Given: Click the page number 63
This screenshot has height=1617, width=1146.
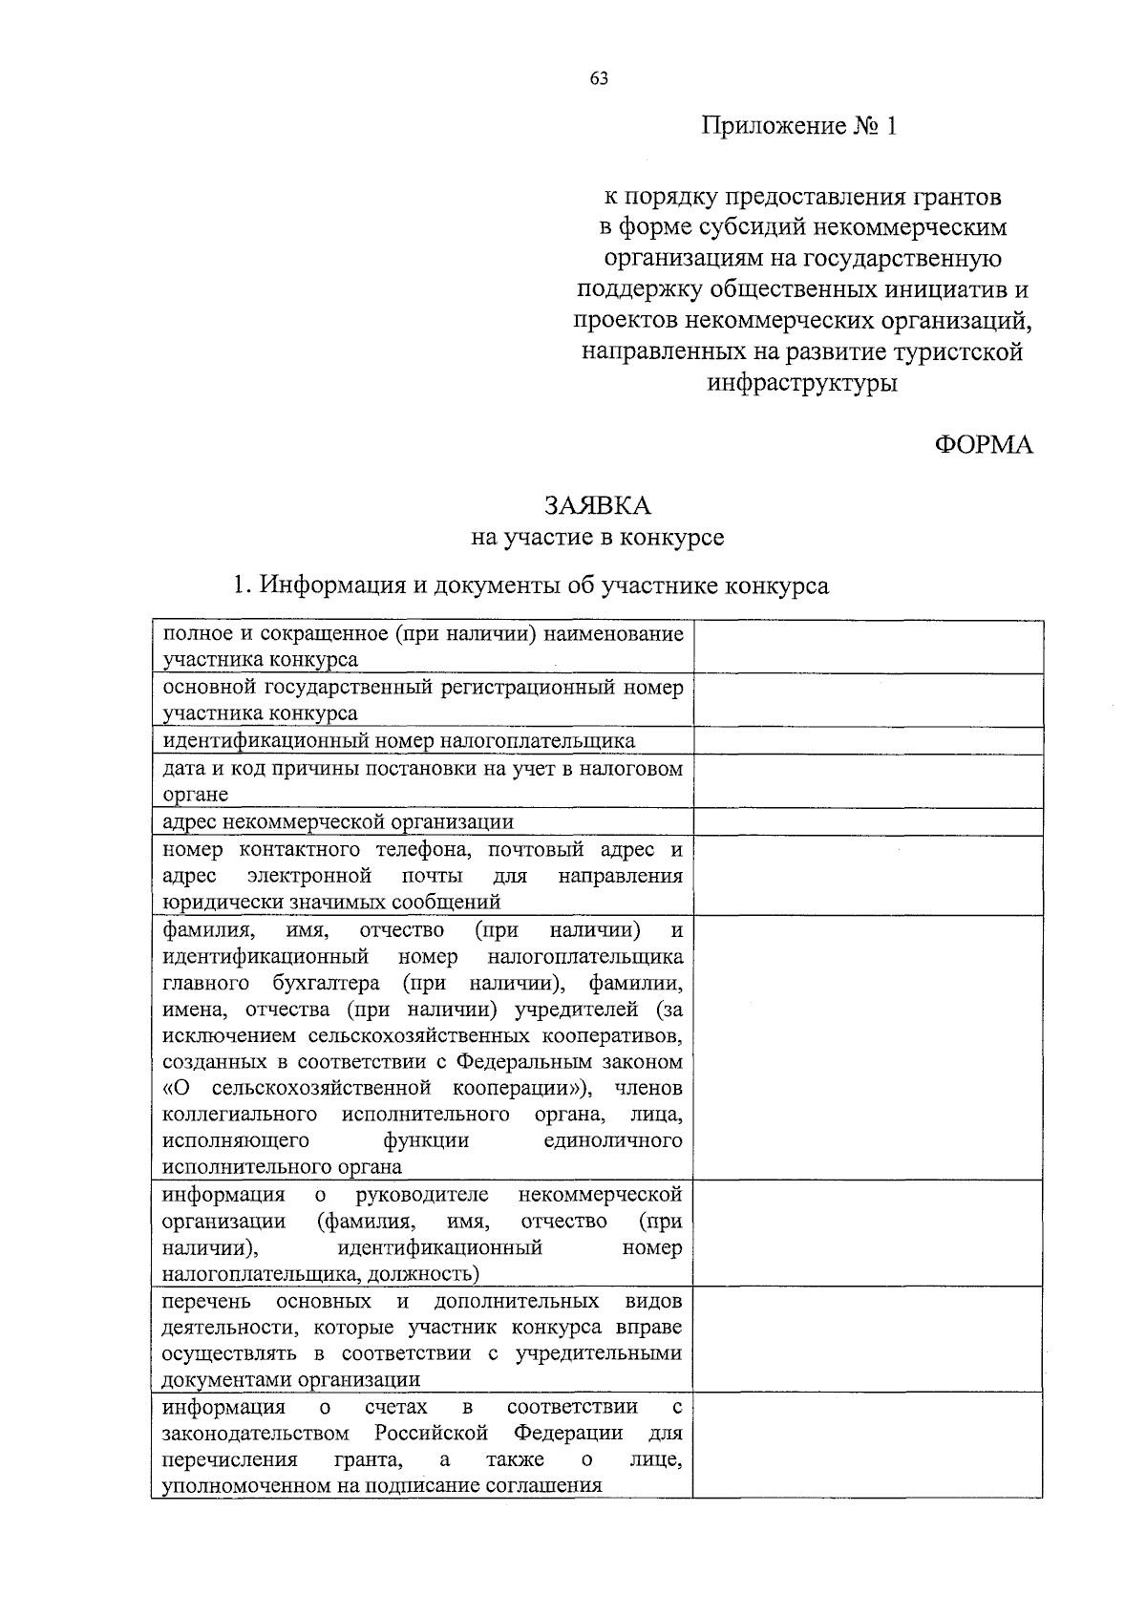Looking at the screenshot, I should (599, 79).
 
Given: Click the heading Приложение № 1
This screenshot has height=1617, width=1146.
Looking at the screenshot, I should (800, 126).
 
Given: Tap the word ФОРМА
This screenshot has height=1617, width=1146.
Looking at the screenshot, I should (983, 445).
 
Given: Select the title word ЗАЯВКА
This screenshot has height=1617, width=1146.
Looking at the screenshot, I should (598, 505).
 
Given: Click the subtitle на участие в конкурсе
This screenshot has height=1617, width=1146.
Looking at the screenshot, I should (598, 538).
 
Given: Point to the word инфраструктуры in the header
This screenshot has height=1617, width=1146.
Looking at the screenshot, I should (802, 384).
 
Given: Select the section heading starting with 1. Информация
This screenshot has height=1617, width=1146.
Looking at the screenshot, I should (532, 585).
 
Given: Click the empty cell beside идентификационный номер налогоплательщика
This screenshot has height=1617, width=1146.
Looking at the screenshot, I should (867, 741).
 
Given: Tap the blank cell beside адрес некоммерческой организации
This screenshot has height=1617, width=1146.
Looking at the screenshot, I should (867, 822).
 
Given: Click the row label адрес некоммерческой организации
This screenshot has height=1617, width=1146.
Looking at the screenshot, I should (338, 822).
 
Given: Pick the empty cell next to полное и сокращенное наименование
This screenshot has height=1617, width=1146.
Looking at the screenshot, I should (867, 647).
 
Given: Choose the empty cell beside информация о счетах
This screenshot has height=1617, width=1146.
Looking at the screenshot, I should (867, 1444).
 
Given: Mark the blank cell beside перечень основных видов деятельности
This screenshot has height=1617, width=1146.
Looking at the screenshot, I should (867, 1339).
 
